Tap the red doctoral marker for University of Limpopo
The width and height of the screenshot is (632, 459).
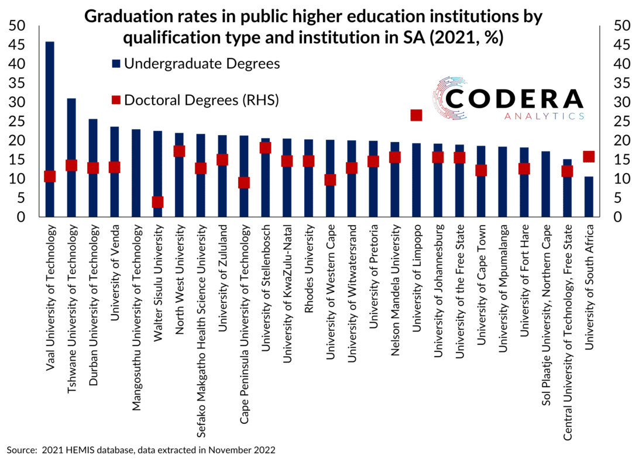(x=416, y=115)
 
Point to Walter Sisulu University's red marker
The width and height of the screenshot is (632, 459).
(x=157, y=202)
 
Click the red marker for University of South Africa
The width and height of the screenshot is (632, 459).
(x=589, y=156)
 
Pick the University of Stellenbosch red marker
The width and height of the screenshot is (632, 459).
(x=266, y=147)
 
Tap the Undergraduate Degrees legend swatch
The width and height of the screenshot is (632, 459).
(x=115, y=63)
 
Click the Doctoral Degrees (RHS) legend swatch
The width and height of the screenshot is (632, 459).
(x=115, y=101)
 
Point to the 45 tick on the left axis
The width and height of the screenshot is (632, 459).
(x=18, y=45)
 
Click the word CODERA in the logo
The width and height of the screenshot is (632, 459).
(x=515, y=98)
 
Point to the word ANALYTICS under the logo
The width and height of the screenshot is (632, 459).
(x=544, y=116)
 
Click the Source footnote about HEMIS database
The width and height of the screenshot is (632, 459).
(x=140, y=450)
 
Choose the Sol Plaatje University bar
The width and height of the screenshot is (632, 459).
(x=546, y=184)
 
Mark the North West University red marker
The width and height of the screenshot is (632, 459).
(x=179, y=151)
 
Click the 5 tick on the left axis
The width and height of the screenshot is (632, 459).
(x=22, y=199)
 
